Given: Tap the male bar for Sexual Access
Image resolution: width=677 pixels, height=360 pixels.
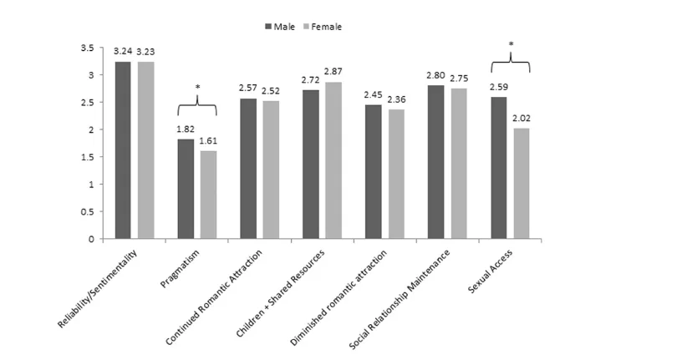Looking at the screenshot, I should tap(500, 168).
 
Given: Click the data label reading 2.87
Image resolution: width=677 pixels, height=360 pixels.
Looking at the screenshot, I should tap(333, 74).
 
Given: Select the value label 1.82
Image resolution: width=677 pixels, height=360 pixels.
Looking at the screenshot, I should tap(185, 130).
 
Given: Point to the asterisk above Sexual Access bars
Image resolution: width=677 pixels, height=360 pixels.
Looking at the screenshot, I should tap(511, 44).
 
